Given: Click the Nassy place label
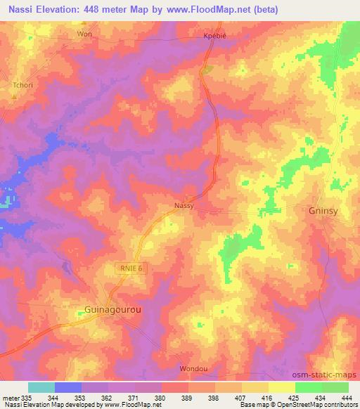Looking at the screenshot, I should (184, 206).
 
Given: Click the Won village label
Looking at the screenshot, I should (84, 34).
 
